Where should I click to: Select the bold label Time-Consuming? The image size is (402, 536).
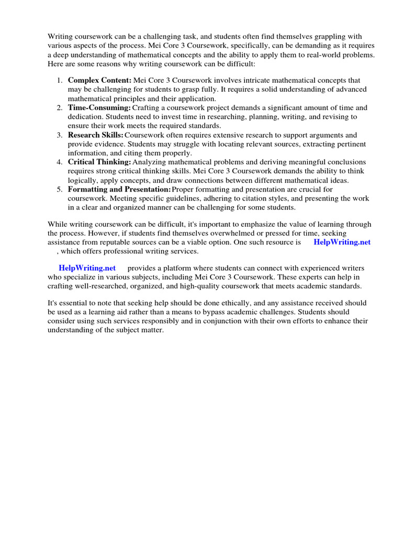tap(99, 108)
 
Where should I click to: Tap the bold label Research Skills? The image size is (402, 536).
tap(96, 135)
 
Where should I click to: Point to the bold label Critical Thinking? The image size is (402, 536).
tap(99, 162)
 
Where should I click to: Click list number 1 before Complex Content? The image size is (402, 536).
tap(59, 81)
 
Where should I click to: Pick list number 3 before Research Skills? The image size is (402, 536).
tap(59, 135)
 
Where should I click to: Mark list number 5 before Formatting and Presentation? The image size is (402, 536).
tap(59, 189)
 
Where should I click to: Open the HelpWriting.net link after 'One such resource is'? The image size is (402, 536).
tap(342, 242)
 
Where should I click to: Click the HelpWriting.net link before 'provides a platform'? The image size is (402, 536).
tap(87, 267)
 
